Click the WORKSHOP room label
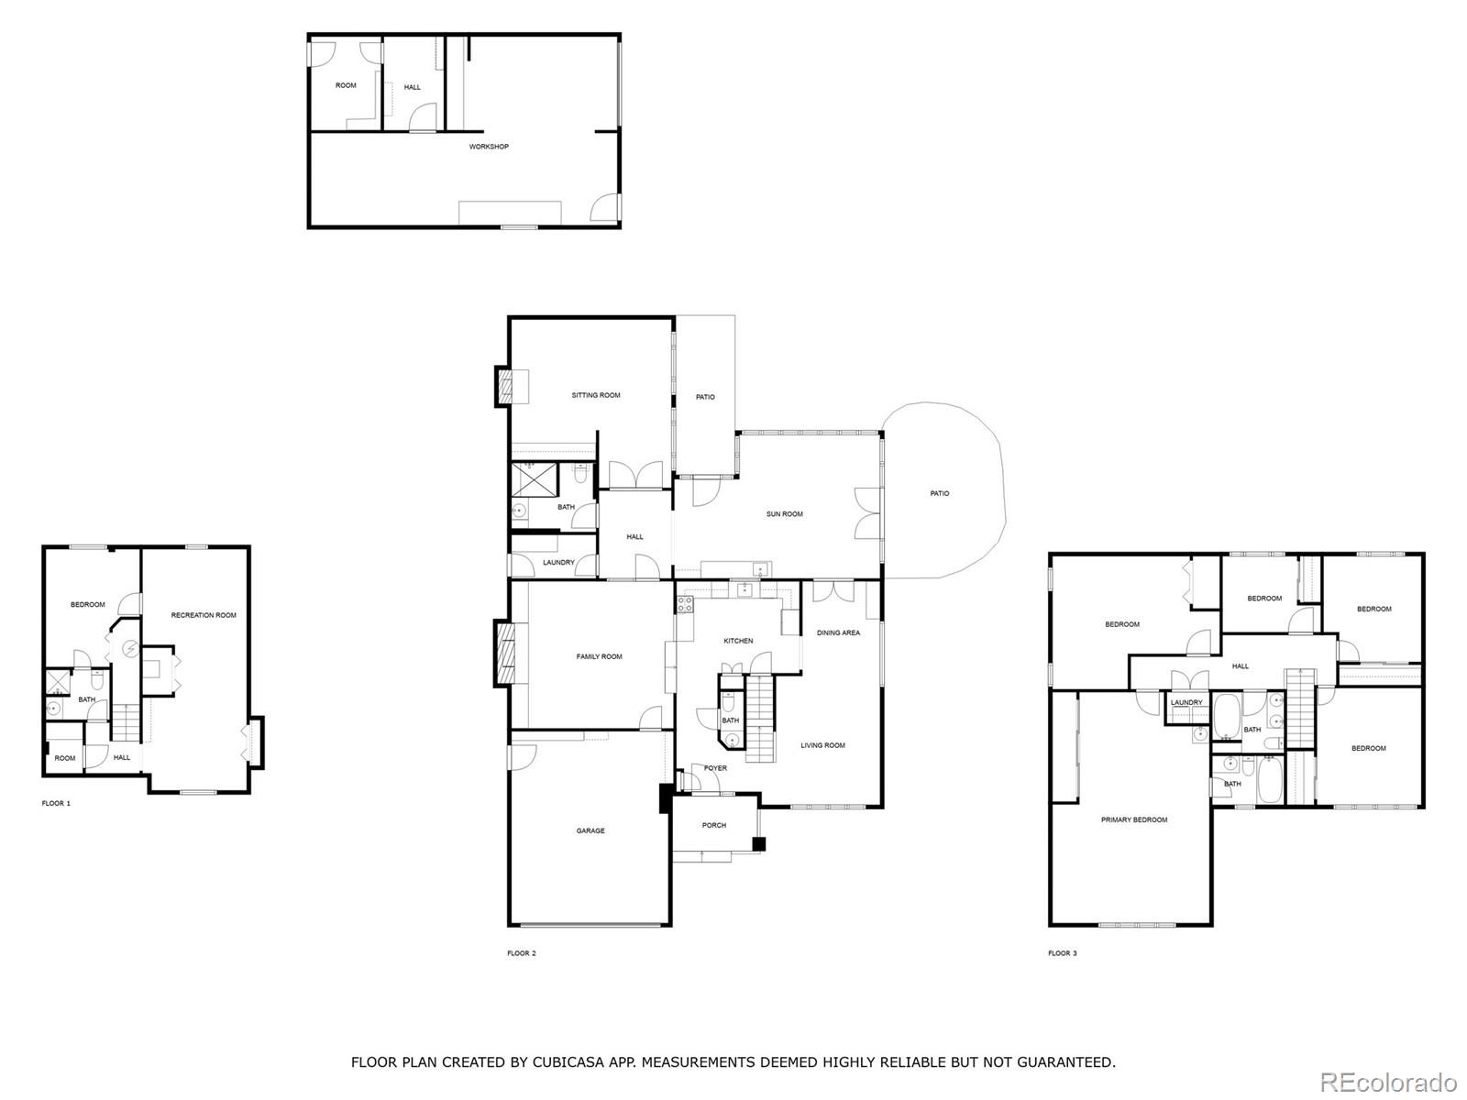point(489,147)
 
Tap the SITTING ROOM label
point(596,395)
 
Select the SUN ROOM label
point(785,514)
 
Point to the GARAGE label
point(590,831)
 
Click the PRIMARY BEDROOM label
point(1134,819)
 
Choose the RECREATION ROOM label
point(204,615)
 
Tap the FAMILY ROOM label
point(599,656)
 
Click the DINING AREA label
point(838,632)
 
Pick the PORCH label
point(714,825)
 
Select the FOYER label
point(715,768)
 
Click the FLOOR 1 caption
point(56,803)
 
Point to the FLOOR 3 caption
point(1063,953)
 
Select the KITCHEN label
point(738,641)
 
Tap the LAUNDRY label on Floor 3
point(1186,703)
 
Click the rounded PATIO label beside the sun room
point(940,494)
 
